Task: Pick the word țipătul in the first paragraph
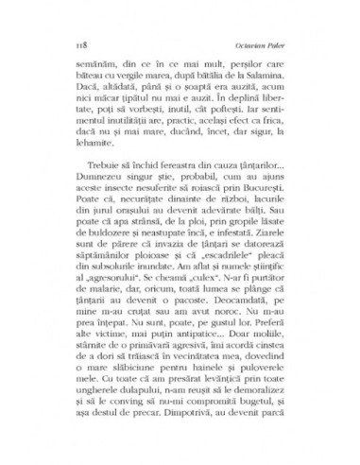pyautogui.click(x=133, y=111)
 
